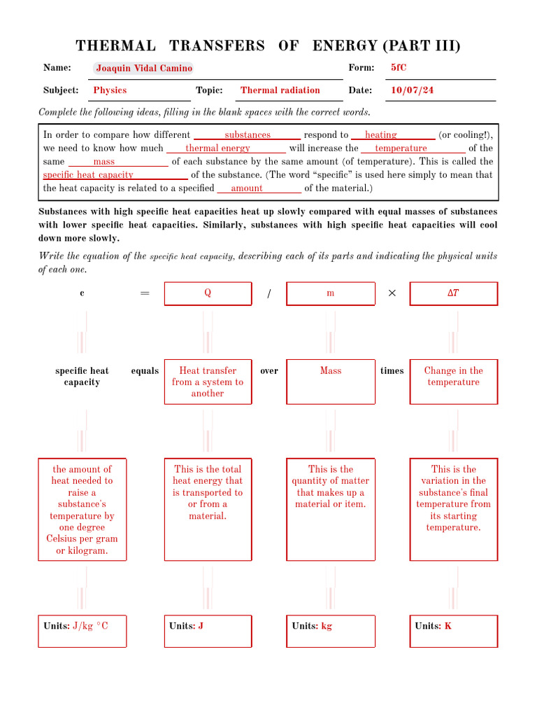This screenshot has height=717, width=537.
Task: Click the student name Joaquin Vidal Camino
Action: click(143, 68)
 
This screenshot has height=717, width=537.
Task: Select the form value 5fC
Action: click(399, 68)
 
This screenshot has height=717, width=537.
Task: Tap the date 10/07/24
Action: click(412, 90)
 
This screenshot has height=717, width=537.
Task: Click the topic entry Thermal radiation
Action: click(280, 90)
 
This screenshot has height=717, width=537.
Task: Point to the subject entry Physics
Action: click(110, 90)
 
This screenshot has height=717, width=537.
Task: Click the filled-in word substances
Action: click(247, 135)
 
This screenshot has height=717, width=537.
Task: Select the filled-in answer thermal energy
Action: click(217, 148)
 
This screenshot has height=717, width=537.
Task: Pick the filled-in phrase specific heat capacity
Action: click(88, 175)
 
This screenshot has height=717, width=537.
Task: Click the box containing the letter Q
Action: click(208, 293)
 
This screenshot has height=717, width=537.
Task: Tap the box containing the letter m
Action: click(331, 293)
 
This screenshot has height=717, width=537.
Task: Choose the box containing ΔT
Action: click(453, 293)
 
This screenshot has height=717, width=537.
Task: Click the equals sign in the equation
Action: click(145, 293)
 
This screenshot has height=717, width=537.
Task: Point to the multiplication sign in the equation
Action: click(392, 293)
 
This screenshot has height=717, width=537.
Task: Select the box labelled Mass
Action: click(331, 382)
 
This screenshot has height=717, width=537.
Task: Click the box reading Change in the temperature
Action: click(453, 382)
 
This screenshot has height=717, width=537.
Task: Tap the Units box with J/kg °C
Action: click(82, 630)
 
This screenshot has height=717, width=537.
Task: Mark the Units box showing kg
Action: click(331, 630)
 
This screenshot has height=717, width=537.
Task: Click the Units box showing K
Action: click(453, 630)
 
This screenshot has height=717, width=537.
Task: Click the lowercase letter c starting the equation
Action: click(82, 293)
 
